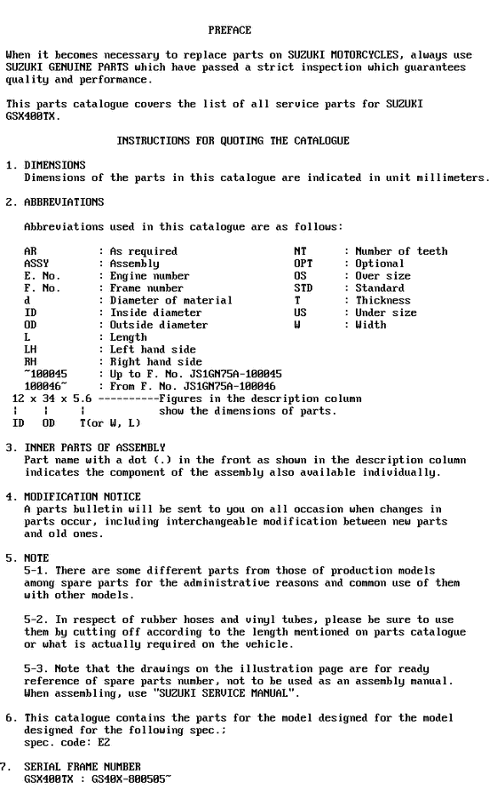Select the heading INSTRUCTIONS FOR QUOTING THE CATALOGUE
[x=233, y=141]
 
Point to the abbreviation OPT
[x=304, y=264]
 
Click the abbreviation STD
[x=304, y=288]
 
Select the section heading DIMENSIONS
[x=55, y=165]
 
